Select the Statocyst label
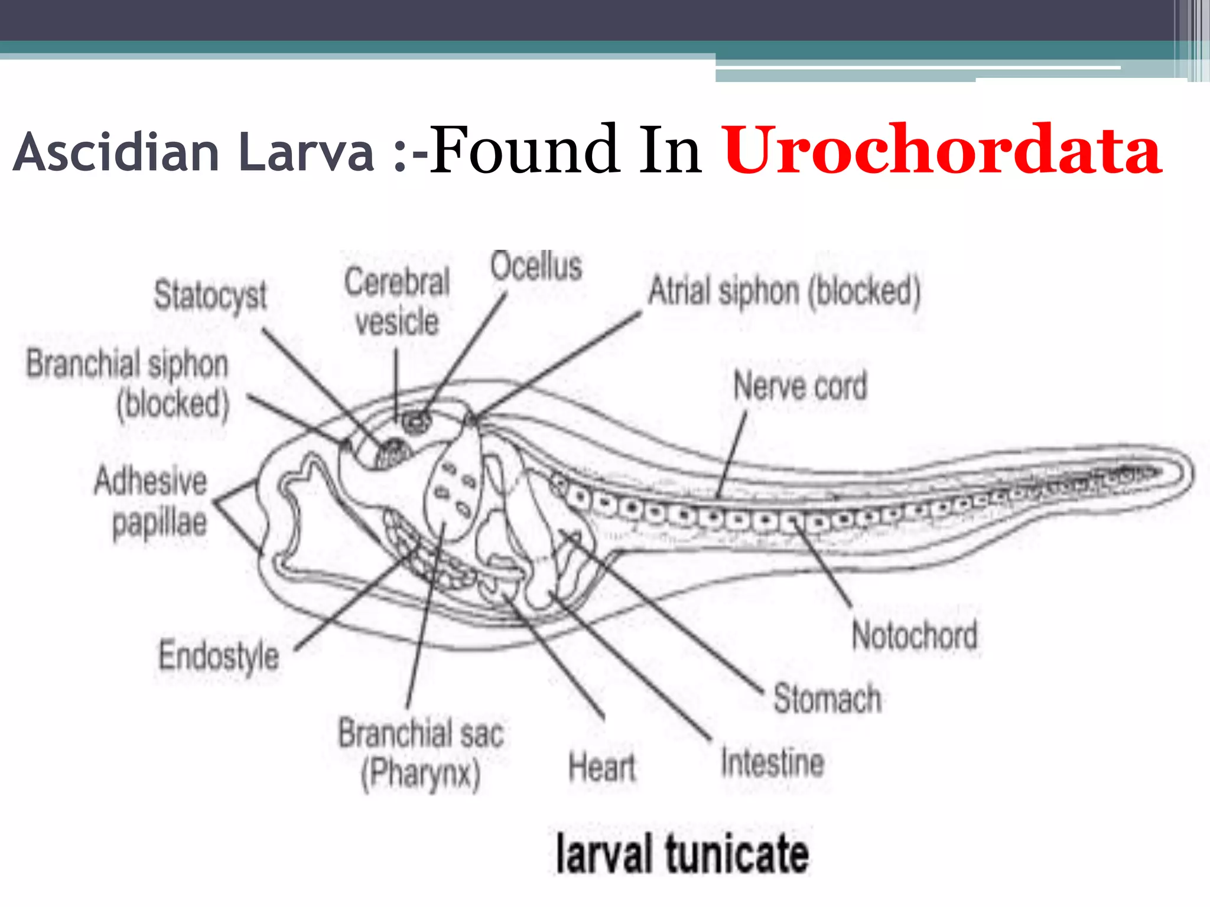click(210, 295)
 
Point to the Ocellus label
click(536, 266)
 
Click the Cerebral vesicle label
click(397, 302)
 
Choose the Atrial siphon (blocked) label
click(784, 291)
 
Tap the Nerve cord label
click(800, 386)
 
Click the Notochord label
click(915, 636)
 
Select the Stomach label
click(827, 699)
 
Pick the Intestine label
click(772, 762)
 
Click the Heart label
click(601, 768)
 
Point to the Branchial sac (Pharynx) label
click(421, 753)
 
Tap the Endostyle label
click(219, 656)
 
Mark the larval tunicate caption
click(682, 854)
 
